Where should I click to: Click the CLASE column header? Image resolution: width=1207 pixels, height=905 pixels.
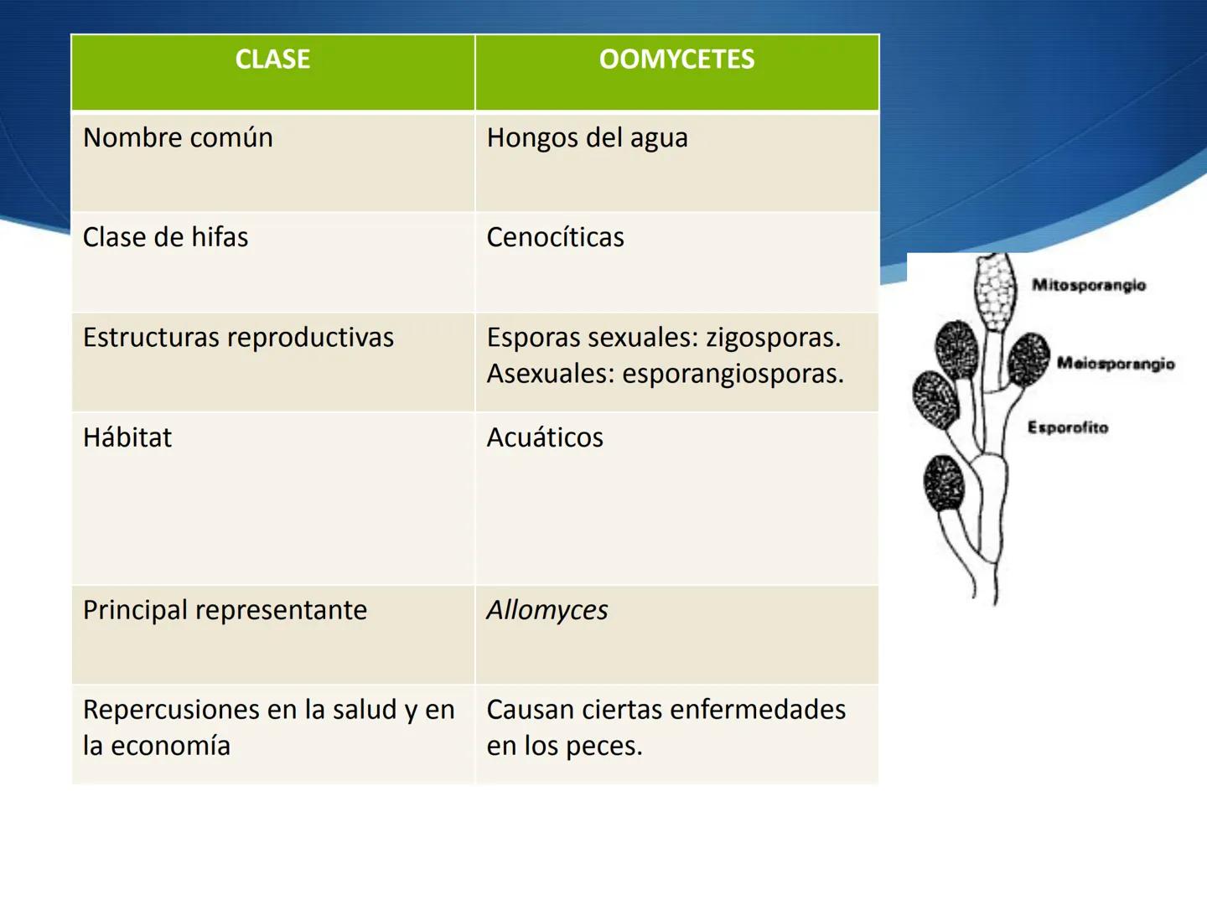pyautogui.click(x=272, y=59)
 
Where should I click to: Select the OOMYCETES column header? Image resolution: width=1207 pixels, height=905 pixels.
pyautogui.click(x=676, y=59)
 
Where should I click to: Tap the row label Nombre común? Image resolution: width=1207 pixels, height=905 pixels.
pyautogui.click(x=178, y=137)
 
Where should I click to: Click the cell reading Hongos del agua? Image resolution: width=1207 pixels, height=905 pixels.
pyautogui.click(x=587, y=137)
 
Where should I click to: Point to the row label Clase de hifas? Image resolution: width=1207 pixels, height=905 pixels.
pyautogui.click(x=165, y=237)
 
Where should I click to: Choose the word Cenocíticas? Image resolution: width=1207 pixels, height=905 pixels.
pyautogui.click(x=555, y=237)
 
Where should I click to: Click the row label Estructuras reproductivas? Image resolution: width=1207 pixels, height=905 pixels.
pyautogui.click(x=238, y=337)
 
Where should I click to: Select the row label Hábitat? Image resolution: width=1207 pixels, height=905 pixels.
pyautogui.click(x=127, y=437)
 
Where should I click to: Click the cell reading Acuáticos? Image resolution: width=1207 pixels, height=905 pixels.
pyautogui.click(x=545, y=437)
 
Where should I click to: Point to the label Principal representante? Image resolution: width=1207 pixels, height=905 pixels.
pyautogui.click(x=225, y=610)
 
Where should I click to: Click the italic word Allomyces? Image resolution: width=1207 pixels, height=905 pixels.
pyautogui.click(x=547, y=610)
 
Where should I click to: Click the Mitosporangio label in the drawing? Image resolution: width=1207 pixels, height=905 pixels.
pyautogui.click(x=1088, y=285)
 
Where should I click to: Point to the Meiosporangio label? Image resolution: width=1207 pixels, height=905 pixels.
pyautogui.click(x=1115, y=364)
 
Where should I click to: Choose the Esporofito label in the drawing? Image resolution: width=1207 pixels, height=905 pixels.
pyautogui.click(x=1067, y=427)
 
